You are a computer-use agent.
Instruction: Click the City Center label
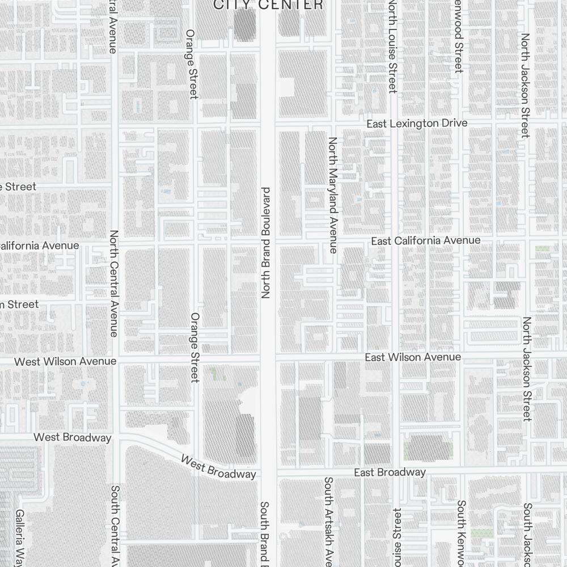[268, 5]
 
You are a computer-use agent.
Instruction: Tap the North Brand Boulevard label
[265, 243]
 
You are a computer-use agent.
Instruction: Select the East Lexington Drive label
[417, 124]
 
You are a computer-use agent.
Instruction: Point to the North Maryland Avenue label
[333, 194]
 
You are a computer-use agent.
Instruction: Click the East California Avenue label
[425, 241]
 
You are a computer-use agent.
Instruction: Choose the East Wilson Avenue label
[412, 357]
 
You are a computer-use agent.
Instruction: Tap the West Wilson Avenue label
[65, 361]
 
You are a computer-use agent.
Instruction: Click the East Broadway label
[390, 472]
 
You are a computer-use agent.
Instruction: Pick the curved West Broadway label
[218, 466]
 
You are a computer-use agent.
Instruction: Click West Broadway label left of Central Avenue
[73, 437]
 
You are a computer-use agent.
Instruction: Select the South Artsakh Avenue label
[328, 522]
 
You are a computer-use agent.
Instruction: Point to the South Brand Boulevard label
[264, 533]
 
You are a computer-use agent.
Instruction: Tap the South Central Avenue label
[115, 524]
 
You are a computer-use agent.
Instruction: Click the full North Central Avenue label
[114, 283]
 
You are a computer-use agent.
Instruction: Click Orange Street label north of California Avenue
[192, 64]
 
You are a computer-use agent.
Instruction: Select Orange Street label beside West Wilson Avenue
[195, 347]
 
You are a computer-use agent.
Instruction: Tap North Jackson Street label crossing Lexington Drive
[526, 85]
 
